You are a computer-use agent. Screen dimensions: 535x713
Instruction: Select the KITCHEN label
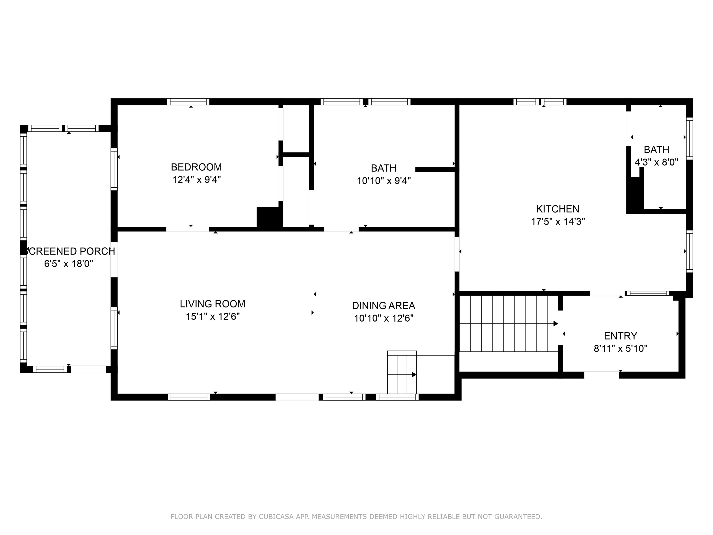pos(557,209)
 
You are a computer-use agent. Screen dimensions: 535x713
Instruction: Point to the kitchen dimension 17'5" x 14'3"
pos(557,222)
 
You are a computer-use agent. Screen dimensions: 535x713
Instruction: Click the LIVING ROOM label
pos(212,304)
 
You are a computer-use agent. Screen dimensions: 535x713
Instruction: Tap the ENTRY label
pos(620,336)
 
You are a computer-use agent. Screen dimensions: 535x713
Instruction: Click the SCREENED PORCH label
pos(70,251)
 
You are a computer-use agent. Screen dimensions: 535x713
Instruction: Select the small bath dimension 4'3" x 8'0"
pos(656,162)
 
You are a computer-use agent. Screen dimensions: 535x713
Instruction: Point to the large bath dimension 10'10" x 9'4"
pos(383,181)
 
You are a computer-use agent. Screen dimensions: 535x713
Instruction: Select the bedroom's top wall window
pos(188,101)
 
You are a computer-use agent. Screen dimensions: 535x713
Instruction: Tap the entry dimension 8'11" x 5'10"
pos(620,349)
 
